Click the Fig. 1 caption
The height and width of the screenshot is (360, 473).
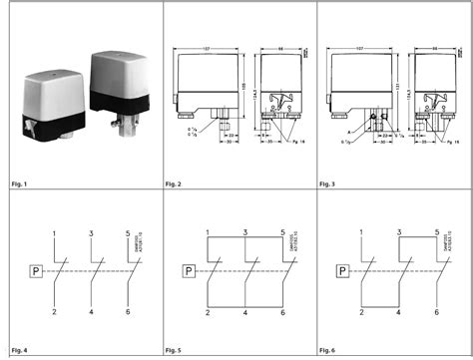coord(17,185)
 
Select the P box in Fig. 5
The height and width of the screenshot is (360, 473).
coord(190,270)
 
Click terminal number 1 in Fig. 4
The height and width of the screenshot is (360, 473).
coord(53,233)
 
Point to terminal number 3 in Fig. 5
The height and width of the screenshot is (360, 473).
coord(244,233)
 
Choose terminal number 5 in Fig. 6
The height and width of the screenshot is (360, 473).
coord(437,233)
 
